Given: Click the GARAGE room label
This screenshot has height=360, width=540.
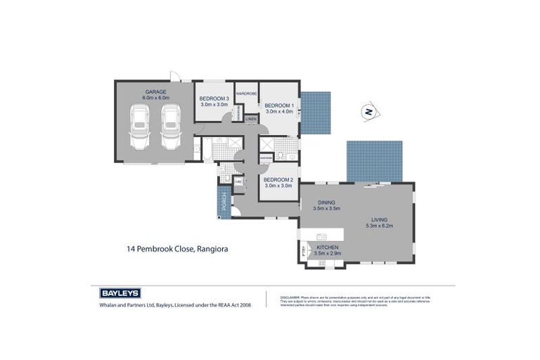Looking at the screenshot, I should pyautogui.click(x=155, y=91).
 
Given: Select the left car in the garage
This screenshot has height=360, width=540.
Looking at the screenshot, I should pyautogui.click(x=141, y=127).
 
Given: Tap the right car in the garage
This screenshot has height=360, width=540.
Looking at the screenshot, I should pyautogui.click(x=171, y=127).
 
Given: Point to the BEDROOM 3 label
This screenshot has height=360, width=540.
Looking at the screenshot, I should pyautogui.click(x=214, y=98).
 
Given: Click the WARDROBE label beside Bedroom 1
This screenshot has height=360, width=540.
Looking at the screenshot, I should pyautogui.click(x=246, y=94).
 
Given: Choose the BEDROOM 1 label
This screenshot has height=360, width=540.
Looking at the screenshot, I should pyautogui.click(x=278, y=105).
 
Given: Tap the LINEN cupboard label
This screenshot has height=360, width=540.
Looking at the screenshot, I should pyautogui.click(x=251, y=119).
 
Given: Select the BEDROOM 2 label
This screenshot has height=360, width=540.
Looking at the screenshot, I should pyautogui.click(x=278, y=179).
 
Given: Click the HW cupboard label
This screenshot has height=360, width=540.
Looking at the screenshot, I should pyautogui.click(x=238, y=182).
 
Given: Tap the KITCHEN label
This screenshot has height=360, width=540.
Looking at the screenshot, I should pyautogui.click(x=328, y=248).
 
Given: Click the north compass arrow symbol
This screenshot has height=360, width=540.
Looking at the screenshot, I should pyautogui.click(x=368, y=111).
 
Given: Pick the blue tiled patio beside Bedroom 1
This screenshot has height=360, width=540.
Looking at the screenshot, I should pyautogui.click(x=315, y=114).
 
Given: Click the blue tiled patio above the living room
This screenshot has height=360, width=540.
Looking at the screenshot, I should pyautogui.click(x=375, y=161).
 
